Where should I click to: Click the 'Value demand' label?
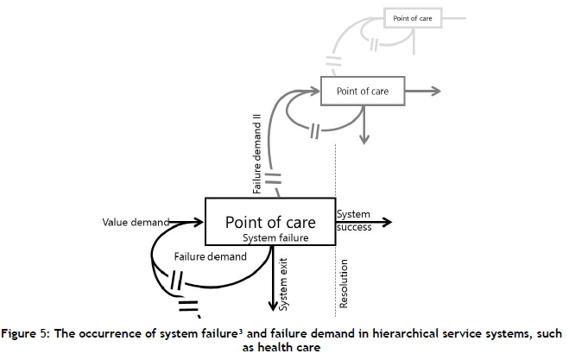(x=135, y=223)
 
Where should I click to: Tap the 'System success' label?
(x=354, y=221)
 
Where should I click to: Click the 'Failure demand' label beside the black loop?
(x=205, y=257)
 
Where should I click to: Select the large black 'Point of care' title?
(x=268, y=222)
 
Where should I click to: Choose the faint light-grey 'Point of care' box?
(x=413, y=17)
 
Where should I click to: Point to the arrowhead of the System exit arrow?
(x=274, y=305)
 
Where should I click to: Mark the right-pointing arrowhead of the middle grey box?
(x=435, y=91)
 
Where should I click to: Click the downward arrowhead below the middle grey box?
(x=367, y=136)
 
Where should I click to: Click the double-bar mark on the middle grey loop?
(x=318, y=133)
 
